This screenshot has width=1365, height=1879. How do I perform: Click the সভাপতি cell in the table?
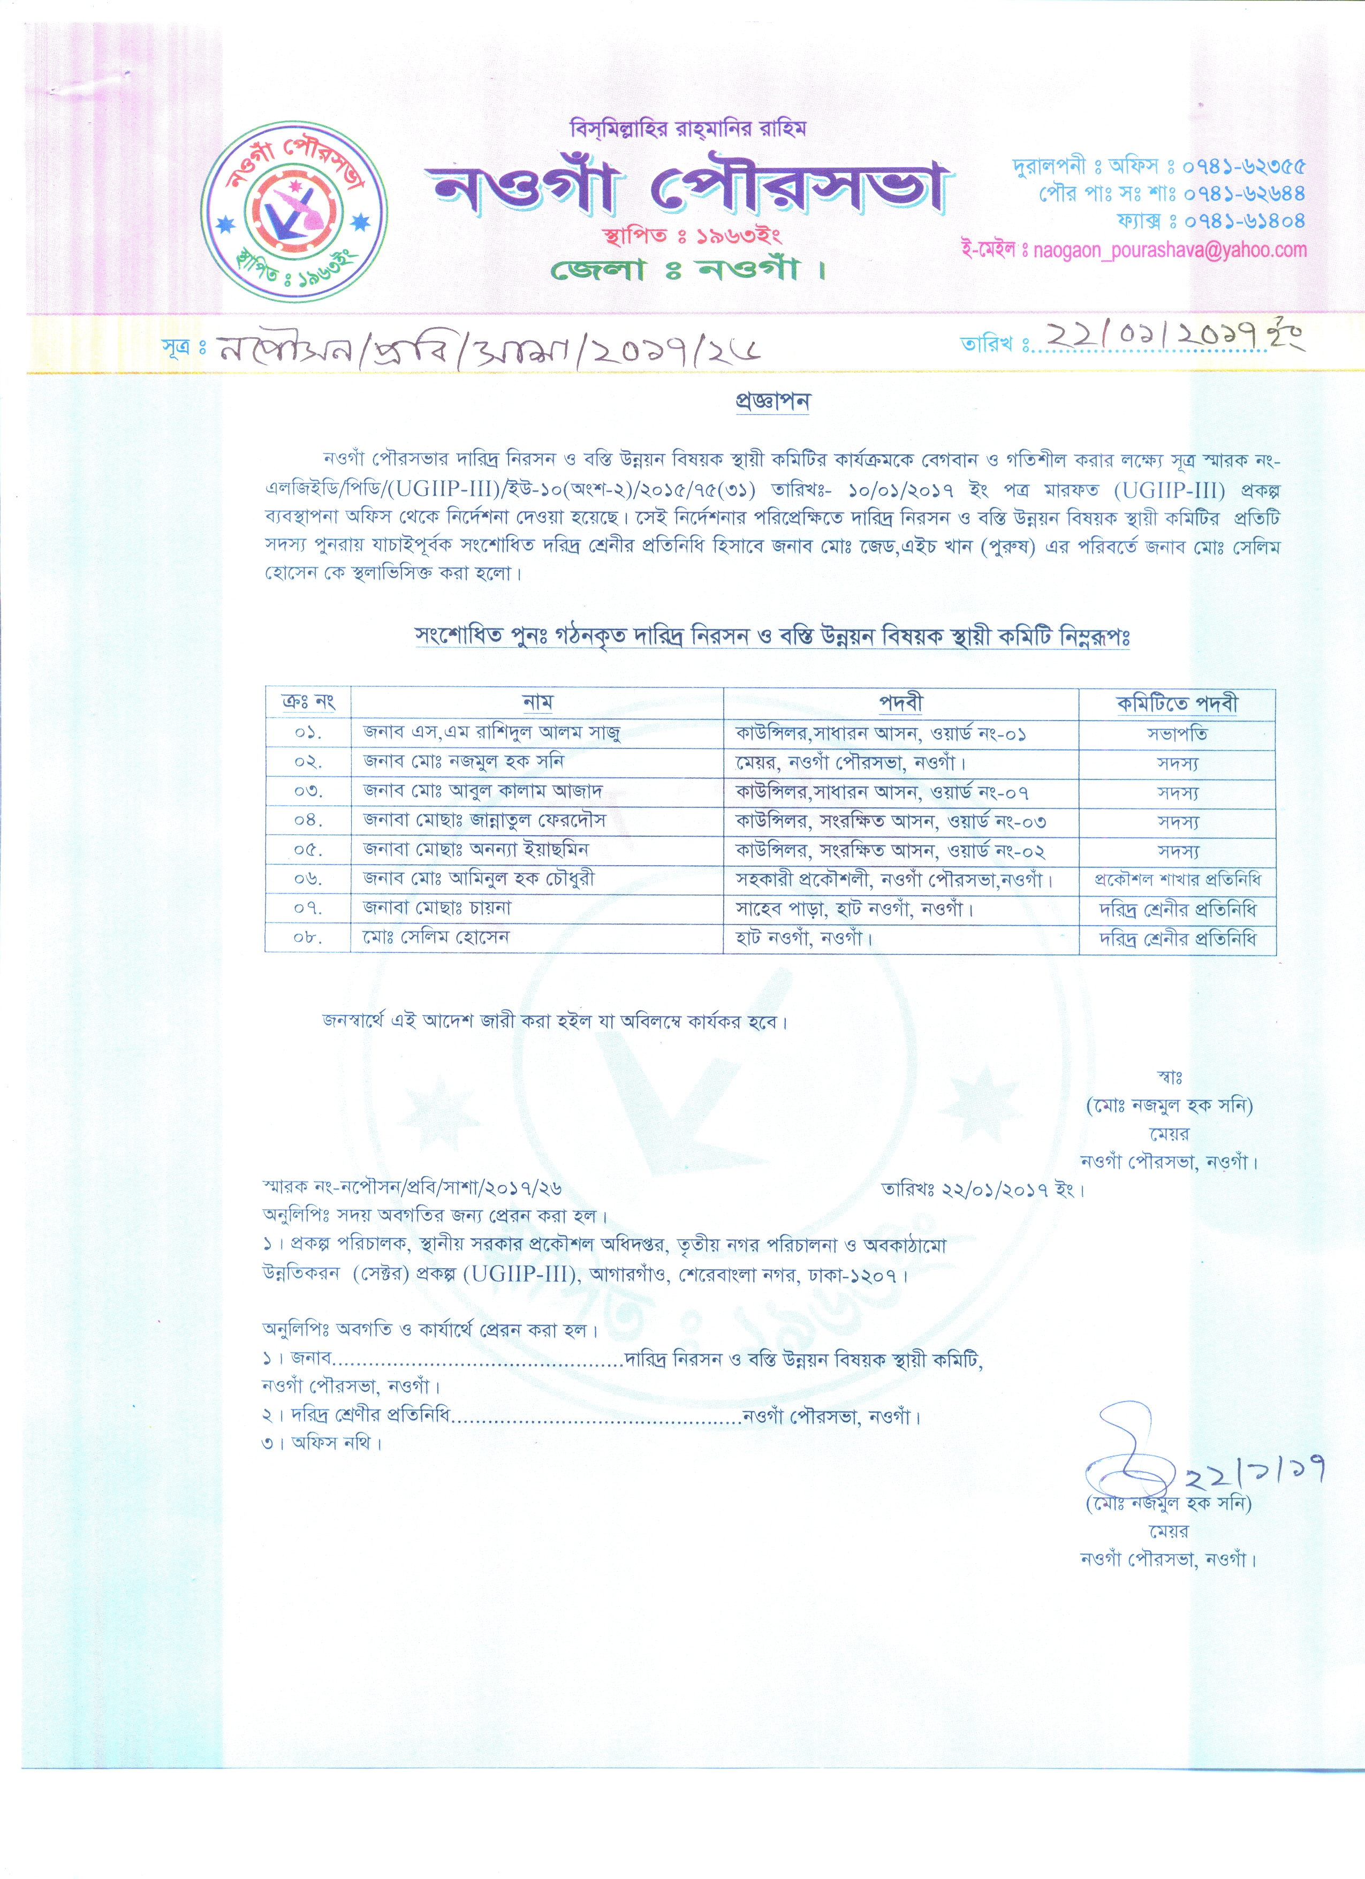1177,734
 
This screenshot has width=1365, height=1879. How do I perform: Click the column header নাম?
537,702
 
